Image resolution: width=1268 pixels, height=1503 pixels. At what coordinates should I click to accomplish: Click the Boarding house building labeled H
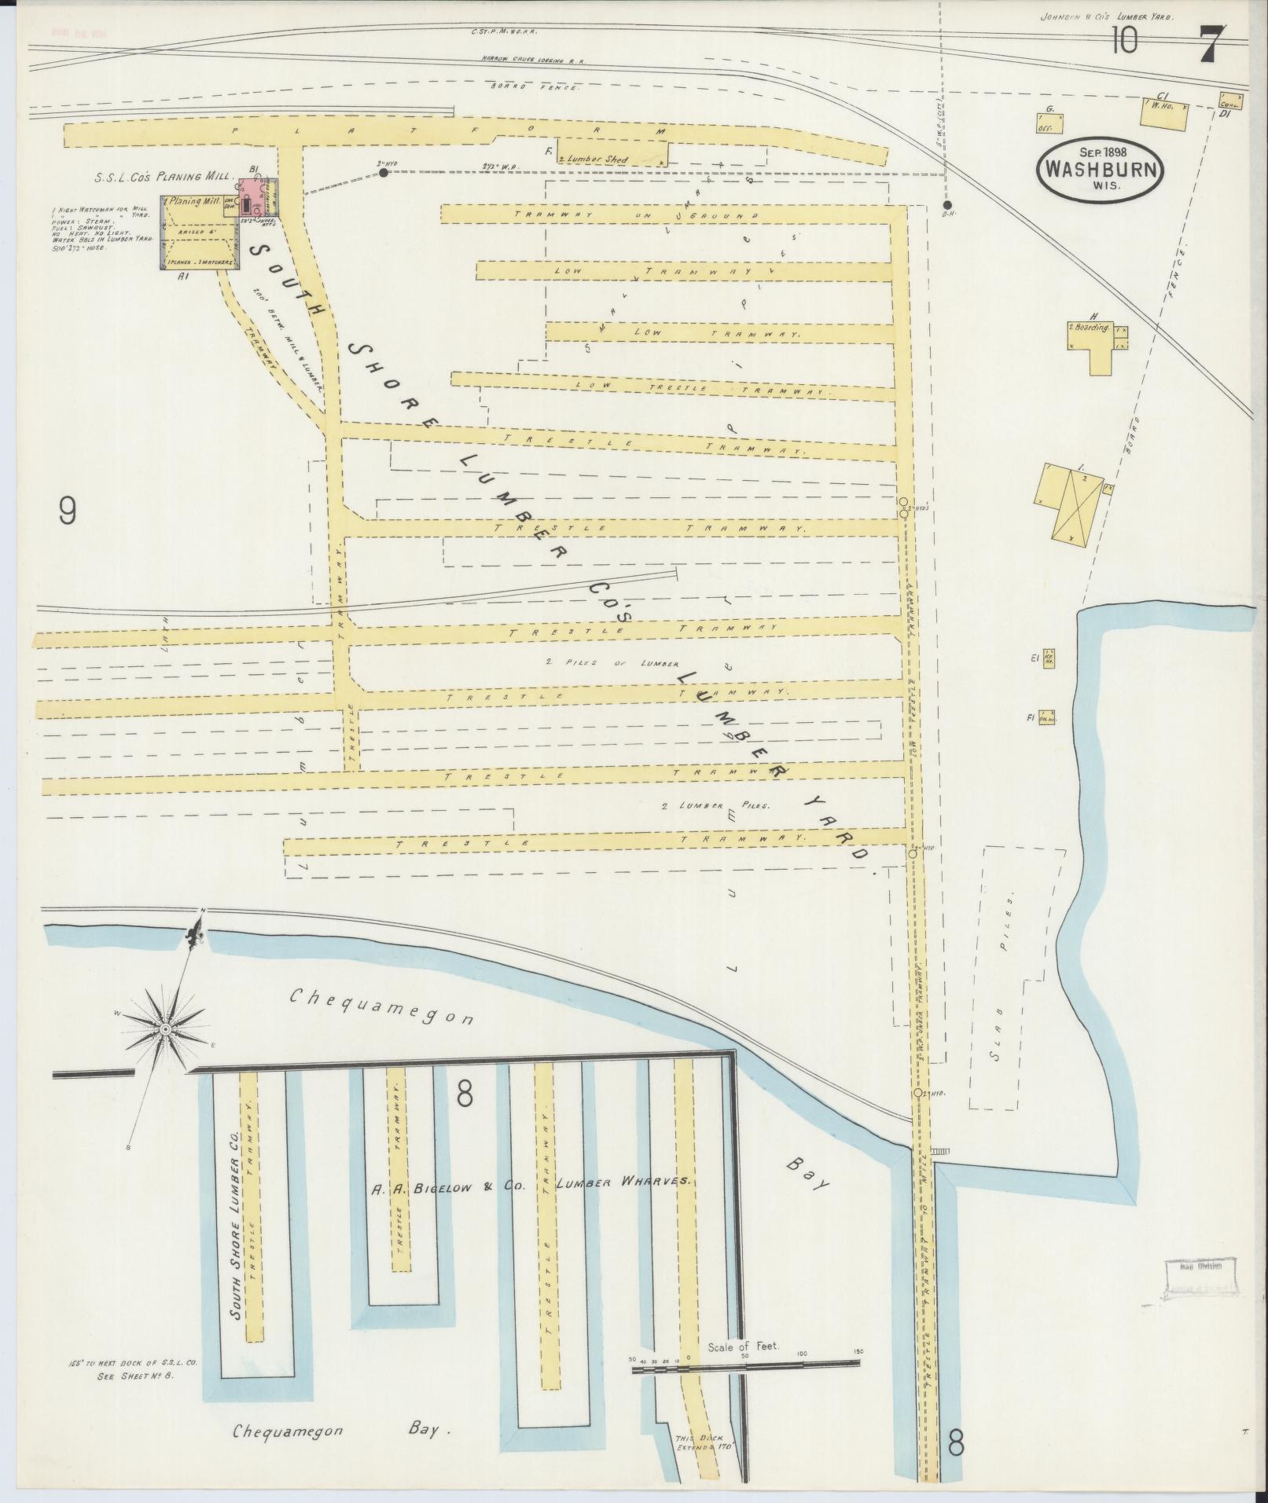point(1097,339)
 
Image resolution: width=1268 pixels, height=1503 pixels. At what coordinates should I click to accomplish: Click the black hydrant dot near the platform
point(383,173)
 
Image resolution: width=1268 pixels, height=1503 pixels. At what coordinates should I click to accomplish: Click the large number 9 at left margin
point(68,512)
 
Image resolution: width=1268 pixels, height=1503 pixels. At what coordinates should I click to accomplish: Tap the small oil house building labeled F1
point(1046,717)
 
